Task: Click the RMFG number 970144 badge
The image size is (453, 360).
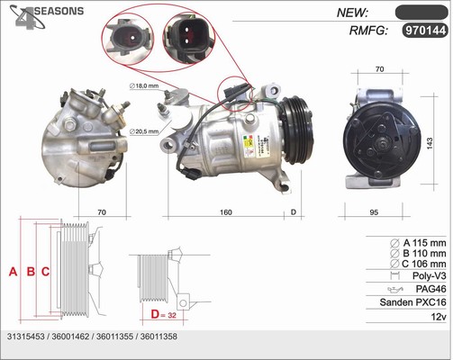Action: [x=425, y=31]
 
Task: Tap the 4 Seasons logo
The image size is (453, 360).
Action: [x=46, y=17]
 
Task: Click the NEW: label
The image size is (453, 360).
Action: [x=352, y=13]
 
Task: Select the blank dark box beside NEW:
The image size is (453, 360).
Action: [x=421, y=13]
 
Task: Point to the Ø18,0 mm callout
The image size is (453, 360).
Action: [x=144, y=85]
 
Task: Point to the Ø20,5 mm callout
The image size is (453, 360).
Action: [x=144, y=131]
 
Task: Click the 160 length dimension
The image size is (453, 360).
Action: [x=226, y=212]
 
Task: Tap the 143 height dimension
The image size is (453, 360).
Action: [x=430, y=143]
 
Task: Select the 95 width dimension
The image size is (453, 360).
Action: [x=374, y=212]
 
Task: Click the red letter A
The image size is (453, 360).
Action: [x=13, y=272]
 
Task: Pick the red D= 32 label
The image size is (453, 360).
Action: [x=164, y=314]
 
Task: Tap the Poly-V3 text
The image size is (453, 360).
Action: [x=430, y=275]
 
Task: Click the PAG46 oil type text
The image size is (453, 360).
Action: [x=430, y=289]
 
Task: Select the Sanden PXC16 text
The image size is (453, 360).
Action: [x=412, y=302]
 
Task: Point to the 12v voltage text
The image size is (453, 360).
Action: [x=439, y=317]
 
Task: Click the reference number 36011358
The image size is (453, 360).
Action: [x=159, y=337]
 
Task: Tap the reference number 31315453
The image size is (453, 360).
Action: [x=25, y=337]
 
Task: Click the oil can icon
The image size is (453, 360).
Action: [x=395, y=290]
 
